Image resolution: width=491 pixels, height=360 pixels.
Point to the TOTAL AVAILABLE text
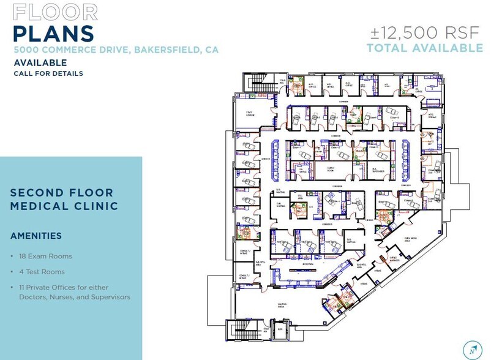(424, 48)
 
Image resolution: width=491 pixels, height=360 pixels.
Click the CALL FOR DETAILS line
(48, 73)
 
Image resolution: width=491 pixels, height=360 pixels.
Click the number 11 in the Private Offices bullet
(24, 287)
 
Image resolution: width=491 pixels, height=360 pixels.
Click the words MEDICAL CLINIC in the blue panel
(64, 206)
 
